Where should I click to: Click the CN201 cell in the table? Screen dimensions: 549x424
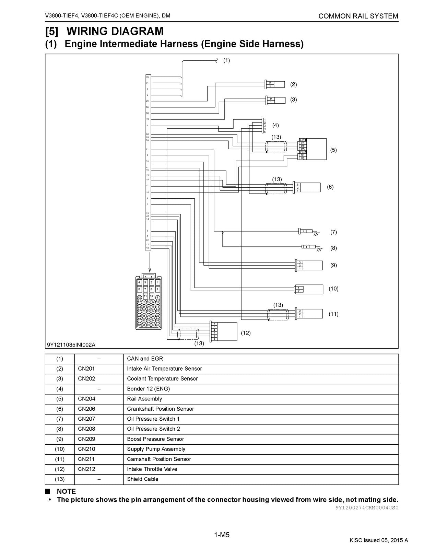[x=86, y=369]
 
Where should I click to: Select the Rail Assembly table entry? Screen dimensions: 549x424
[x=144, y=399]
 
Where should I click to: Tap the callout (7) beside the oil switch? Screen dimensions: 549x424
[x=333, y=232]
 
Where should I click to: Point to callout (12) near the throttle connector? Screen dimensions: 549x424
[x=246, y=333]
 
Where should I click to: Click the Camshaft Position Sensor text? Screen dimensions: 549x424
[x=159, y=459]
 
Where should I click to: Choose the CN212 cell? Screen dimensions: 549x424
[x=86, y=469]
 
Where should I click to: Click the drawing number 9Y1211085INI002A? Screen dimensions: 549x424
[x=71, y=344]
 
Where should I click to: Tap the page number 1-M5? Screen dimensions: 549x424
[x=222, y=535]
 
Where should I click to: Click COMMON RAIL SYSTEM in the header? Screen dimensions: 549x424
[x=358, y=16]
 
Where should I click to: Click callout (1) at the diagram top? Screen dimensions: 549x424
[x=226, y=60]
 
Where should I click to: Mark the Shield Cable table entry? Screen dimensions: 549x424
[x=143, y=479]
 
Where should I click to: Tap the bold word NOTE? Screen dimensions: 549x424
[x=66, y=491]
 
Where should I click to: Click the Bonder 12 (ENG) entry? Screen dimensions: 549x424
[x=148, y=389]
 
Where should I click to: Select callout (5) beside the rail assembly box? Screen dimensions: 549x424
[x=333, y=150]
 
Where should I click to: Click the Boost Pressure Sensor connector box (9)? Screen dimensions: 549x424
[x=309, y=266]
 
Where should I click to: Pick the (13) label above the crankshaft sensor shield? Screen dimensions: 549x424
[x=277, y=179]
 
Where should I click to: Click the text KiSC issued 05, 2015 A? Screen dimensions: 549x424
[x=379, y=540]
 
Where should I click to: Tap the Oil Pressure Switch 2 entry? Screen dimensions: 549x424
[x=153, y=429]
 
